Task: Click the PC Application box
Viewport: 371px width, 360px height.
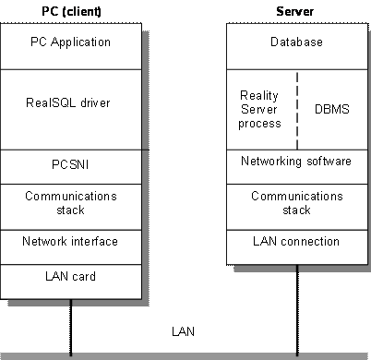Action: click(70, 42)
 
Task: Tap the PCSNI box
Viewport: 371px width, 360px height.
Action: click(70, 167)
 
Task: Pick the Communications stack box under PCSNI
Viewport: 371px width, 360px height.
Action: click(70, 203)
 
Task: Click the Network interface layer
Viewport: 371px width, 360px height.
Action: click(70, 242)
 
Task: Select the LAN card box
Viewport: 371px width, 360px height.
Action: click(70, 276)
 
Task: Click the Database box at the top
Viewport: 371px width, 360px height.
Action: click(296, 42)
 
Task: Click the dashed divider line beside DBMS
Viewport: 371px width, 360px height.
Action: click(297, 109)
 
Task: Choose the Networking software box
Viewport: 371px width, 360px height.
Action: click(296, 162)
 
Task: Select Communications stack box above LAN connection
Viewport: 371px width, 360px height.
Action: click(296, 203)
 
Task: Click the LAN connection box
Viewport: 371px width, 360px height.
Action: click(296, 242)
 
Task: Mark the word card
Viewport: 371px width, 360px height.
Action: click(84, 276)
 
